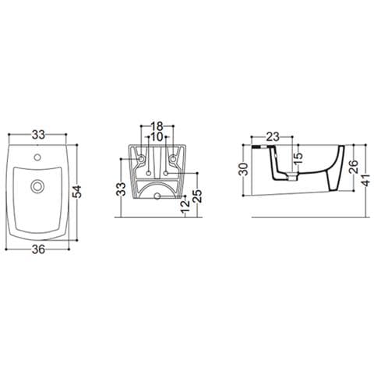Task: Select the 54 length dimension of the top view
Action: [78, 191]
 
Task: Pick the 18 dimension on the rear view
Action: [157, 125]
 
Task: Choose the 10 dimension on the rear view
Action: [157, 137]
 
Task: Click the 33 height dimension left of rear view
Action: [121, 189]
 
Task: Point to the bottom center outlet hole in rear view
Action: [157, 196]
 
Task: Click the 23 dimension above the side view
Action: [273, 135]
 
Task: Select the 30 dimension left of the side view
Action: [244, 170]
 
